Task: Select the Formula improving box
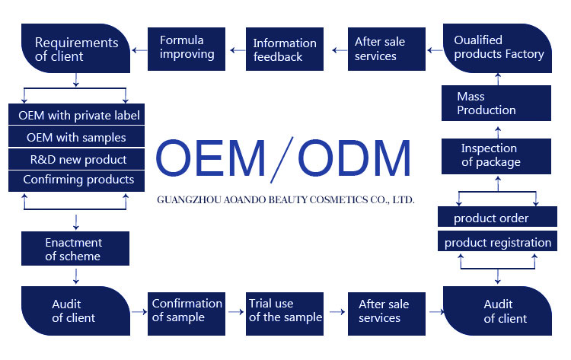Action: point(187,48)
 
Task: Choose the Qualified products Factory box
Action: point(498,48)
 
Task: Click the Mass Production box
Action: point(496,104)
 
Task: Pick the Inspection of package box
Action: point(496,155)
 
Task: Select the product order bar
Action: point(496,218)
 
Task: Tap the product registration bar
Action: point(496,243)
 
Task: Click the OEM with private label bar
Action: point(76,116)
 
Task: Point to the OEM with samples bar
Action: point(76,138)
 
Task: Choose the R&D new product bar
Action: point(76,159)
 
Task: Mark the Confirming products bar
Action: point(76,180)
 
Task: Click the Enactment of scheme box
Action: point(75,250)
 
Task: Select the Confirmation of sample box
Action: point(187,311)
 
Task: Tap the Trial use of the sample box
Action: point(285,311)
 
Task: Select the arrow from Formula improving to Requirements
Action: point(139,49)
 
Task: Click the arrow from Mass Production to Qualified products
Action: point(497,78)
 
